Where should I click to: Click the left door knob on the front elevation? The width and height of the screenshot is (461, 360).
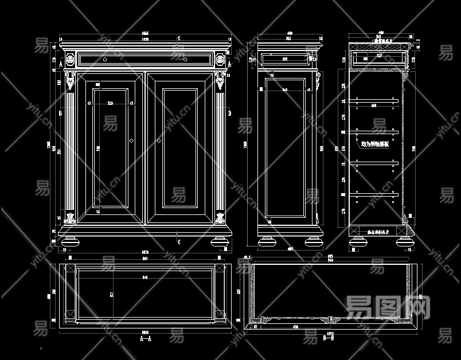click(x=132, y=140)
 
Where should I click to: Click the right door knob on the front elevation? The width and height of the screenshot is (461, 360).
click(x=158, y=140)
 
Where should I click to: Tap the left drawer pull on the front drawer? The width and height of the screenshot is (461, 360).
click(x=105, y=58)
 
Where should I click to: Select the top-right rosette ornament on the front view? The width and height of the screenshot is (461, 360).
click(x=220, y=59)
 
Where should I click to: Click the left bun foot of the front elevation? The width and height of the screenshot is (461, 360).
click(x=71, y=241)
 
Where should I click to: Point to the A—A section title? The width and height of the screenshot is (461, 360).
click(x=146, y=339)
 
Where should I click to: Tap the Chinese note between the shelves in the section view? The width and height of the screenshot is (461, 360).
click(x=375, y=145)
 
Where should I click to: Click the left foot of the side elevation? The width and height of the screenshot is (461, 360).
click(x=267, y=241)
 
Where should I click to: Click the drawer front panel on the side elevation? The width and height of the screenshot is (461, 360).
click(x=285, y=58)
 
